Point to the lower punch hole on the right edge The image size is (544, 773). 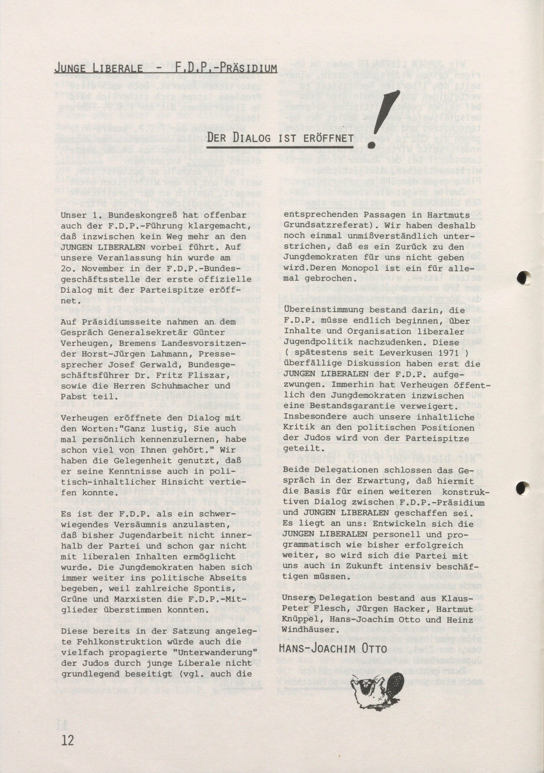coord(523,488)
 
